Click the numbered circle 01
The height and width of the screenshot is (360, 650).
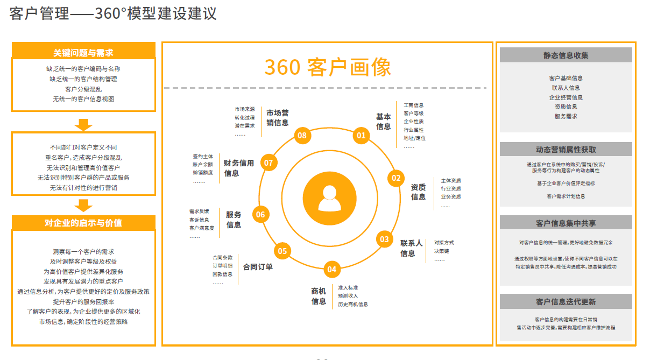point(361,135)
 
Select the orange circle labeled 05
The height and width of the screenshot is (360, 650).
point(282,250)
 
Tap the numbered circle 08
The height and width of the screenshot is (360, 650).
point(302,135)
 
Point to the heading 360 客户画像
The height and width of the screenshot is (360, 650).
point(328,67)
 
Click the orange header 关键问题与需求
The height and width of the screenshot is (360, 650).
point(83,53)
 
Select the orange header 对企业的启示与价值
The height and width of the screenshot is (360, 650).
point(83,223)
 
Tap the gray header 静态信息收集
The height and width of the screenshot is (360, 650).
point(566,55)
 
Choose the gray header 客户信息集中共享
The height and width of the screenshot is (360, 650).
point(566,223)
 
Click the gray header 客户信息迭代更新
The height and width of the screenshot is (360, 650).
point(566,302)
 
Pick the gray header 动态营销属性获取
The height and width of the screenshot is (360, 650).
point(566,150)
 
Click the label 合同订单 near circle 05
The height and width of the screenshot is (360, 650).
point(258,266)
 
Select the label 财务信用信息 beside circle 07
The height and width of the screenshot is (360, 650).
point(239,168)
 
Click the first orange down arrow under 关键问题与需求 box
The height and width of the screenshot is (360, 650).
point(83,124)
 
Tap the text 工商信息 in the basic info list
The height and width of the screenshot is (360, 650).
point(413,105)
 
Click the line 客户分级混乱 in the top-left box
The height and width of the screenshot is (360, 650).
point(83,89)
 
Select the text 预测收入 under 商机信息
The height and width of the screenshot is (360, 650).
point(348,296)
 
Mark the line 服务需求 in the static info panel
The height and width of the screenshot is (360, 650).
point(566,116)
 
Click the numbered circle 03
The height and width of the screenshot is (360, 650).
point(384,239)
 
